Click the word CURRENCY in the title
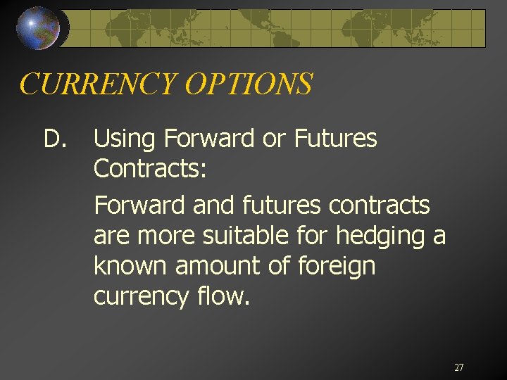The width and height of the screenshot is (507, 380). pos(98,84)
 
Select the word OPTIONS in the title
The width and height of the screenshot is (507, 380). pos(248,84)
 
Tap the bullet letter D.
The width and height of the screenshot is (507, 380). pos(54,139)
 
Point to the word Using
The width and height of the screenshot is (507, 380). pos(124,140)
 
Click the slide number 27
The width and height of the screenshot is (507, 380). pos(459,367)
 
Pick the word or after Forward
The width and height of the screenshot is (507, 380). pos(272,140)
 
